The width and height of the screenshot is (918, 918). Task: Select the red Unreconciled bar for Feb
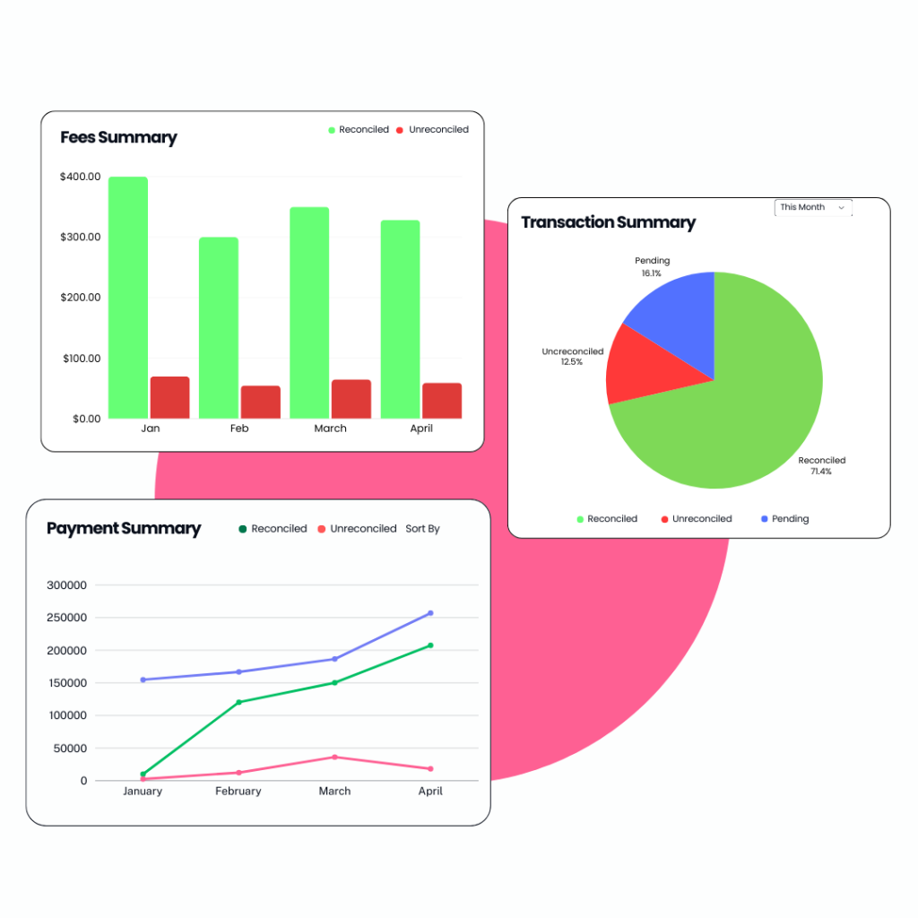(260, 403)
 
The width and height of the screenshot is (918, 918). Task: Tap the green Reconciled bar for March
(309, 313)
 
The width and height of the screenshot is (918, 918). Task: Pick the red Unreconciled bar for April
(442, 401)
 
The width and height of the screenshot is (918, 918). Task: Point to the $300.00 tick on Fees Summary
(80, 238)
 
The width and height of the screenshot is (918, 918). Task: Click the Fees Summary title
(118, 138)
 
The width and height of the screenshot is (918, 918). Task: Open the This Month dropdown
(813, 207)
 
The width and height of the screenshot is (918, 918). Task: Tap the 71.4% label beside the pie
(821, 472)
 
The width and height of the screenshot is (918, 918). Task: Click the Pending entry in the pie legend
(790, 519)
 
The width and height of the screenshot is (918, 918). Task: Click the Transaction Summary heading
(608, 222)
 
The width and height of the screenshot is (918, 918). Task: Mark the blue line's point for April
(430, 613)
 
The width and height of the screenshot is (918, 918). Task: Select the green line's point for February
(238, 702)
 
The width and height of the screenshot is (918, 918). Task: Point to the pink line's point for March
(334, 757)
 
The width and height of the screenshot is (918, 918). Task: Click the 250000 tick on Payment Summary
(69, 618)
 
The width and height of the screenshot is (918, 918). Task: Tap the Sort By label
(422, 529)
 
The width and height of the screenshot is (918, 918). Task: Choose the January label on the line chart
(143, 792)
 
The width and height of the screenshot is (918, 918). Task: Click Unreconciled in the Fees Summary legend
(438, 130)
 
